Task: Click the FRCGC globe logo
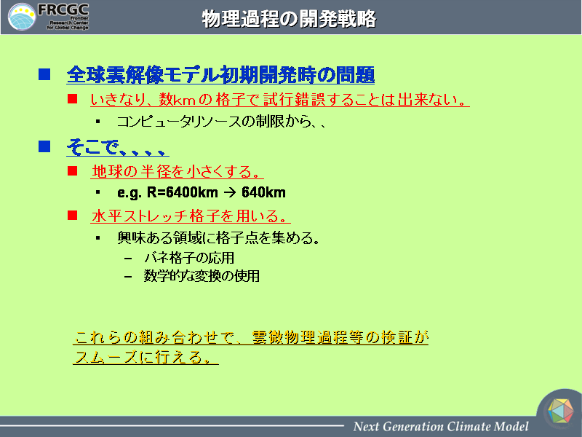[22, 17]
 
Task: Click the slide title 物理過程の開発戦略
[289, 19]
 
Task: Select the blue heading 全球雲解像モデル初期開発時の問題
[220, 75]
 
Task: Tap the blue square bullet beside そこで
[44, 146]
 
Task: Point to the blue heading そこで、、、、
[117, 147]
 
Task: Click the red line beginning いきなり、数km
[279, 99]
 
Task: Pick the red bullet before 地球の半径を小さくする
[72, 170]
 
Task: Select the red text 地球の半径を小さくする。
[177, 171]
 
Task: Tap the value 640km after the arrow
[263, 192]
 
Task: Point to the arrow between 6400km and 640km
[230, 192]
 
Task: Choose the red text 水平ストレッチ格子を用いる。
[190, 216]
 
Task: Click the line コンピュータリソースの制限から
[221, 122]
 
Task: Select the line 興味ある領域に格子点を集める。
[218, 238]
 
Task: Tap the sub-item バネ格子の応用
[189, 258]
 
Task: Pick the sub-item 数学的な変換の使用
[202, 276]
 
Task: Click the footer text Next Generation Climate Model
[441, 426]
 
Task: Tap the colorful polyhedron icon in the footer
[561, 411]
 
